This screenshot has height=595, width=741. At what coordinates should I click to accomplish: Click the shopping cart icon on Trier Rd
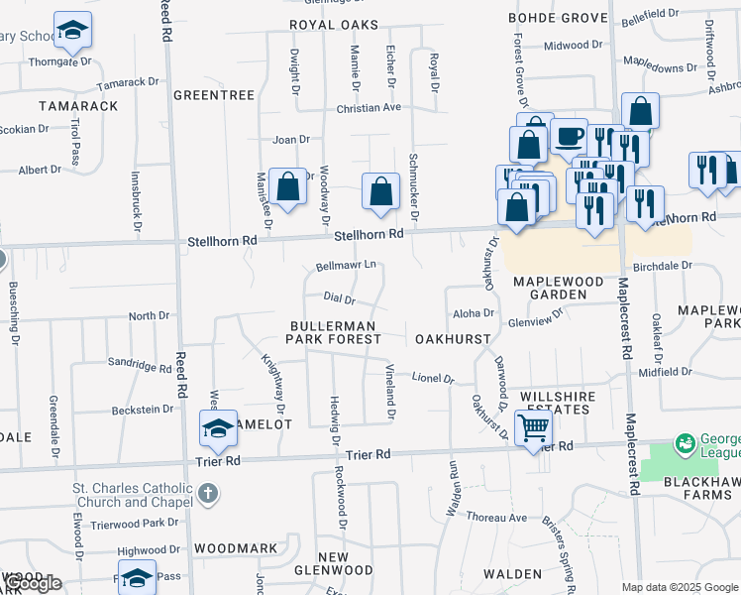(533, 428)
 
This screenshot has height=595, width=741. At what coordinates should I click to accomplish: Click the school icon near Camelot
(218, 428)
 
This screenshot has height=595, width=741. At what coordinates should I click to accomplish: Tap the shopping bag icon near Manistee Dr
(287, 185)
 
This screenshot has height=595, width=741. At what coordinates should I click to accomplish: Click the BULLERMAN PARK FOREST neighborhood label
(333, 332)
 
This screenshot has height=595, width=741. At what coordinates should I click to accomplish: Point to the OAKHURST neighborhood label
(453, 339)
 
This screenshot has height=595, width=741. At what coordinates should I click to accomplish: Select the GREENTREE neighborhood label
(214, 95)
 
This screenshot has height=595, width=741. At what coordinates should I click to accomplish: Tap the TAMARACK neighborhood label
(78, 105)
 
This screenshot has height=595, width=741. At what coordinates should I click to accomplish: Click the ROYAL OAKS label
(335, 24)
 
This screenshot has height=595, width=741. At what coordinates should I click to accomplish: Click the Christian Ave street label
(368, 108)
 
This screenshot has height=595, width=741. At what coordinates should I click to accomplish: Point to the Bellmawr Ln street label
(346, 266)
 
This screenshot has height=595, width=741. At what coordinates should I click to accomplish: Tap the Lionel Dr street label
(433, 378)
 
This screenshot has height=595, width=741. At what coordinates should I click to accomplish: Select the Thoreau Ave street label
(497, 518)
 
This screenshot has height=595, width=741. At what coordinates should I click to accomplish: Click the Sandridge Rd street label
(140, 365)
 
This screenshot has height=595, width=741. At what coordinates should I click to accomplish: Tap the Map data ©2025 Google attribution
(680, 587)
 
